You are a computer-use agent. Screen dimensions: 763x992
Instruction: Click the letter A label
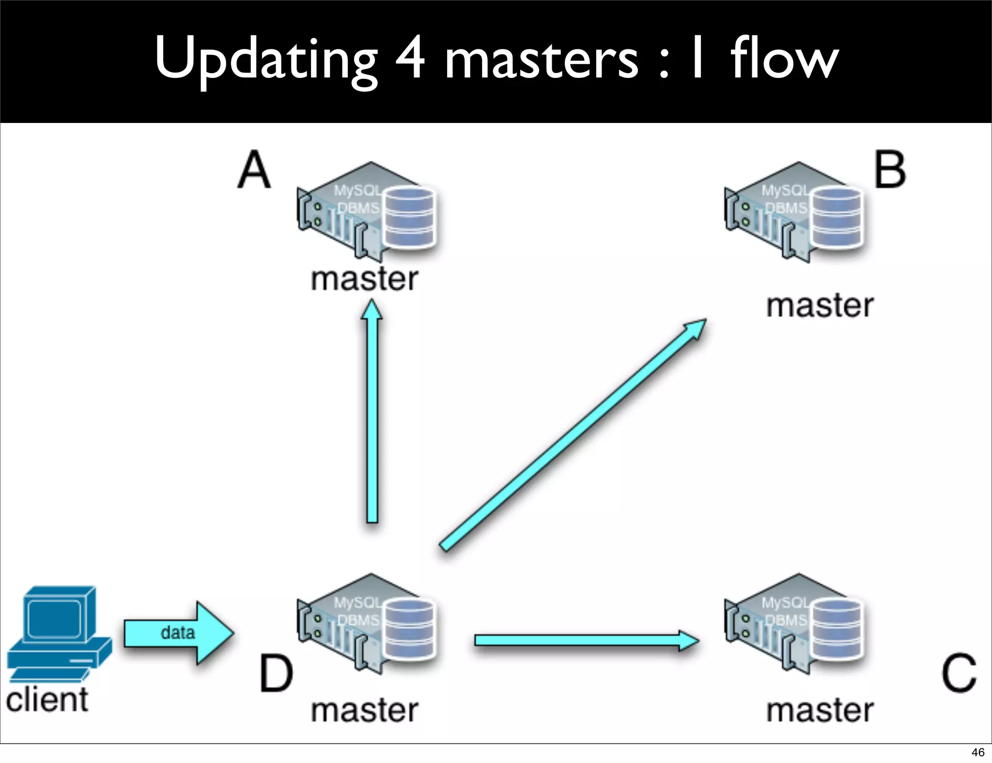(x=254, y=170)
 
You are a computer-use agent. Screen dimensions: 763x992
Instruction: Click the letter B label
(x=890, y=170)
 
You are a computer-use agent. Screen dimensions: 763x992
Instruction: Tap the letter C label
(x=958, y=673)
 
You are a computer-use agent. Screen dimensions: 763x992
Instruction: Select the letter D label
(x=276, y=673)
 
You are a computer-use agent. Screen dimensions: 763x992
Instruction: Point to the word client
(x=47, y=700)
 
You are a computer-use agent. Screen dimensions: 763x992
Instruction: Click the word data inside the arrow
(x=177, y=632)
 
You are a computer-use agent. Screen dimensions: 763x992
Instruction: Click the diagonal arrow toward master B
(x=572, y=436)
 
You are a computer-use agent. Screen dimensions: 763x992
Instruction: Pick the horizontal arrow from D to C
(x=586, y=641)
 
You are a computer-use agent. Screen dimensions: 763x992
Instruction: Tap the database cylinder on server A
(x=409, y=217)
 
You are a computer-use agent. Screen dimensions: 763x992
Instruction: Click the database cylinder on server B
(x=837, y=217)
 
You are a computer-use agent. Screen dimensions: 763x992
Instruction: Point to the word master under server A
(x=364, y=279)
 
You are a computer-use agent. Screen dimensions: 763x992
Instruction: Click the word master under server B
(x=820, y=306)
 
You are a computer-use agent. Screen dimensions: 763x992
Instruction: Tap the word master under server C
(x=820, y=710)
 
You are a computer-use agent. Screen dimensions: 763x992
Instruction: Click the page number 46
(x=977, y=752)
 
